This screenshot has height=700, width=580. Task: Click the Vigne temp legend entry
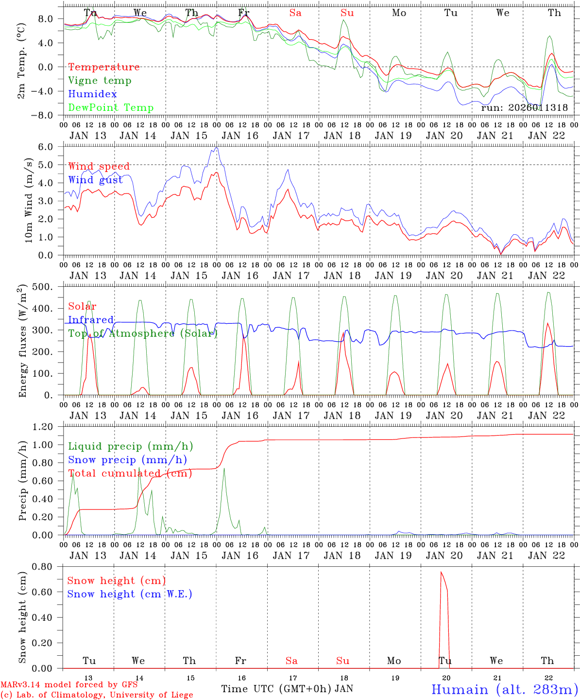100,81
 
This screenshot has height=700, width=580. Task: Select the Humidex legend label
92,94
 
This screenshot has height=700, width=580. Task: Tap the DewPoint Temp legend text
111,108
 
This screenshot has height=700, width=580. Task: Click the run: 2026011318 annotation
524,108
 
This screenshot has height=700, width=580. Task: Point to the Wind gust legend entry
95,180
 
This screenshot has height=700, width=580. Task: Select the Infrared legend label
91,320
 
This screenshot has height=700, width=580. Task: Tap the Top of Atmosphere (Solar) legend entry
143,333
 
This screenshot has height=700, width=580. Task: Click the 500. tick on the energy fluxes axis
48,287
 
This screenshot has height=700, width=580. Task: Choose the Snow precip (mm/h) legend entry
127,460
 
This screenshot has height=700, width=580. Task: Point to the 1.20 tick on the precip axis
49,427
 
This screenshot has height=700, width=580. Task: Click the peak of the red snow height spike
441,572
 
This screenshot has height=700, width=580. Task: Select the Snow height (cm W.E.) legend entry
130,594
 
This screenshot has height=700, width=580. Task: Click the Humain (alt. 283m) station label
505,689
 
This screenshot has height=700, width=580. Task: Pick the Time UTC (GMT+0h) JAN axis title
287,689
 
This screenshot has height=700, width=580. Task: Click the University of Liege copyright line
97,695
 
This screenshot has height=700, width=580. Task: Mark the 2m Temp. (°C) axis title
22,61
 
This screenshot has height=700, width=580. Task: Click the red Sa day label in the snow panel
291,661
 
